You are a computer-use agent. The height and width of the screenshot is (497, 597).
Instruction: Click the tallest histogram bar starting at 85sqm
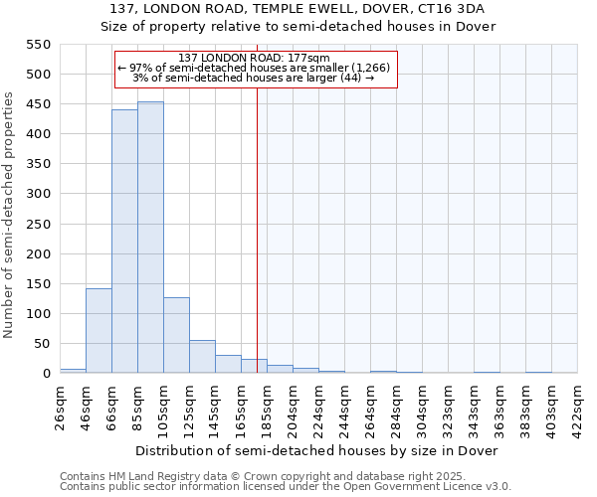[150, 239]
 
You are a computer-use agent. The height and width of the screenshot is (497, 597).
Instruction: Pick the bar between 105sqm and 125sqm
[176, 336]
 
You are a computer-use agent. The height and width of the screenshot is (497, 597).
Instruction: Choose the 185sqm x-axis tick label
[268, 408]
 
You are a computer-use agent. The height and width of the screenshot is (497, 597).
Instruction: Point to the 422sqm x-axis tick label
[578, 408]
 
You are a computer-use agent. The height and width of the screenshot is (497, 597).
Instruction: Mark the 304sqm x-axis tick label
[423, 408]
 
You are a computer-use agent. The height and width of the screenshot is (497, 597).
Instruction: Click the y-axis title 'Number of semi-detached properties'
[11, 215]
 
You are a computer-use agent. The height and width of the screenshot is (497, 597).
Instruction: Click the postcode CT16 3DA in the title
[451, 8]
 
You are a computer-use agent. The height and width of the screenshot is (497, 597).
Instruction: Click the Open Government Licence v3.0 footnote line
[285, 486]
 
